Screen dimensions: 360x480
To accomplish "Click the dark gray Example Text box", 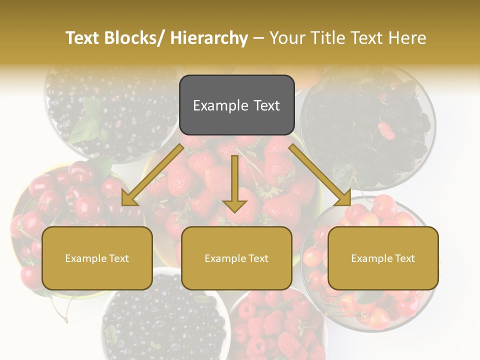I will point(236,105).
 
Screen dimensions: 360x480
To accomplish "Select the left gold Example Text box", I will point(97,258).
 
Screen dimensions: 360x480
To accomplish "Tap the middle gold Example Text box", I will point(236,258).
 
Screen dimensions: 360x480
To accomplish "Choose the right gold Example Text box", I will point(383,258).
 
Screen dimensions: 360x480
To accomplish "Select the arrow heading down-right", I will point(320,175).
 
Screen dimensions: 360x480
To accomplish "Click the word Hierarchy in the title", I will point(208,38).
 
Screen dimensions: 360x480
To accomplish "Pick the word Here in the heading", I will point(407,38).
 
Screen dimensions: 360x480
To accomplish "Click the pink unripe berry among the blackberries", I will point(386,130).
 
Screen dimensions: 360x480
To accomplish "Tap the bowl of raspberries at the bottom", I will point(277,325).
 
